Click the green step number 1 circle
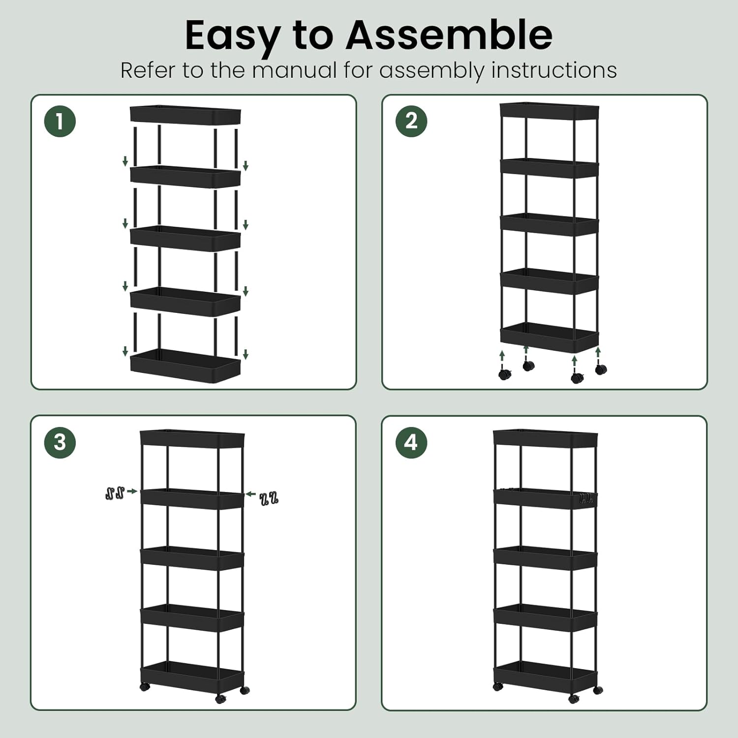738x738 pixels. click(x=60, y=121)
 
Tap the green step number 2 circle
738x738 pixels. click(x=411, y=121)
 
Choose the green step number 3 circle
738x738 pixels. click(x=60, y=442)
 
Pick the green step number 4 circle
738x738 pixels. click(x=411, y=442)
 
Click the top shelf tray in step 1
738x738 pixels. click(x=185, y=114)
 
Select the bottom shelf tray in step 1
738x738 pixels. click(x=185, y=365)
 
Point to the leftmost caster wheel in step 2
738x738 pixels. click(x=505, y=374)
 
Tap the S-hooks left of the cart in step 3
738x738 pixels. click(x=115, y=492)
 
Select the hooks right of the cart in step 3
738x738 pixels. click(x=269, y=498)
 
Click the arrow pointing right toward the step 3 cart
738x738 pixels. click(x=132, y=491)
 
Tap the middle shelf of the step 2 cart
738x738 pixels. click(x=550, y=224)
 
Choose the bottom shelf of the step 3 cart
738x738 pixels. click(x=192, y=675)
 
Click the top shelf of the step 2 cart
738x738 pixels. click(x=550, y=111)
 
